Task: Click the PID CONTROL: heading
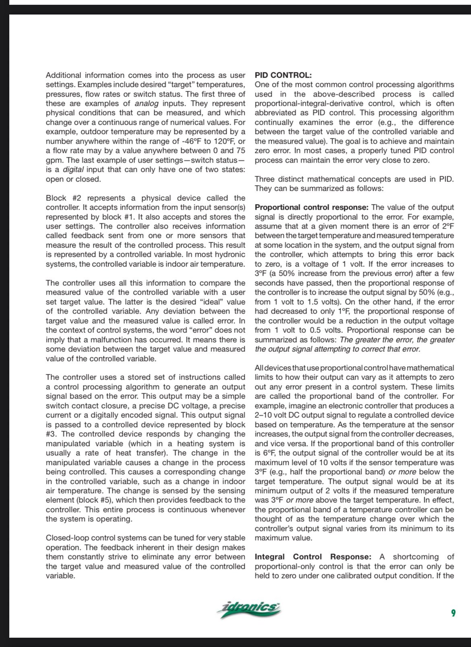(x=283, y=75)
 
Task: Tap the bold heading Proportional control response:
(x=312, y=207)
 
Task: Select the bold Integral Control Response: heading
(x=313, y=557)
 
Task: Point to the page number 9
(x=453, y=613)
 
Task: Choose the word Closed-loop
(x=67, y=538)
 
